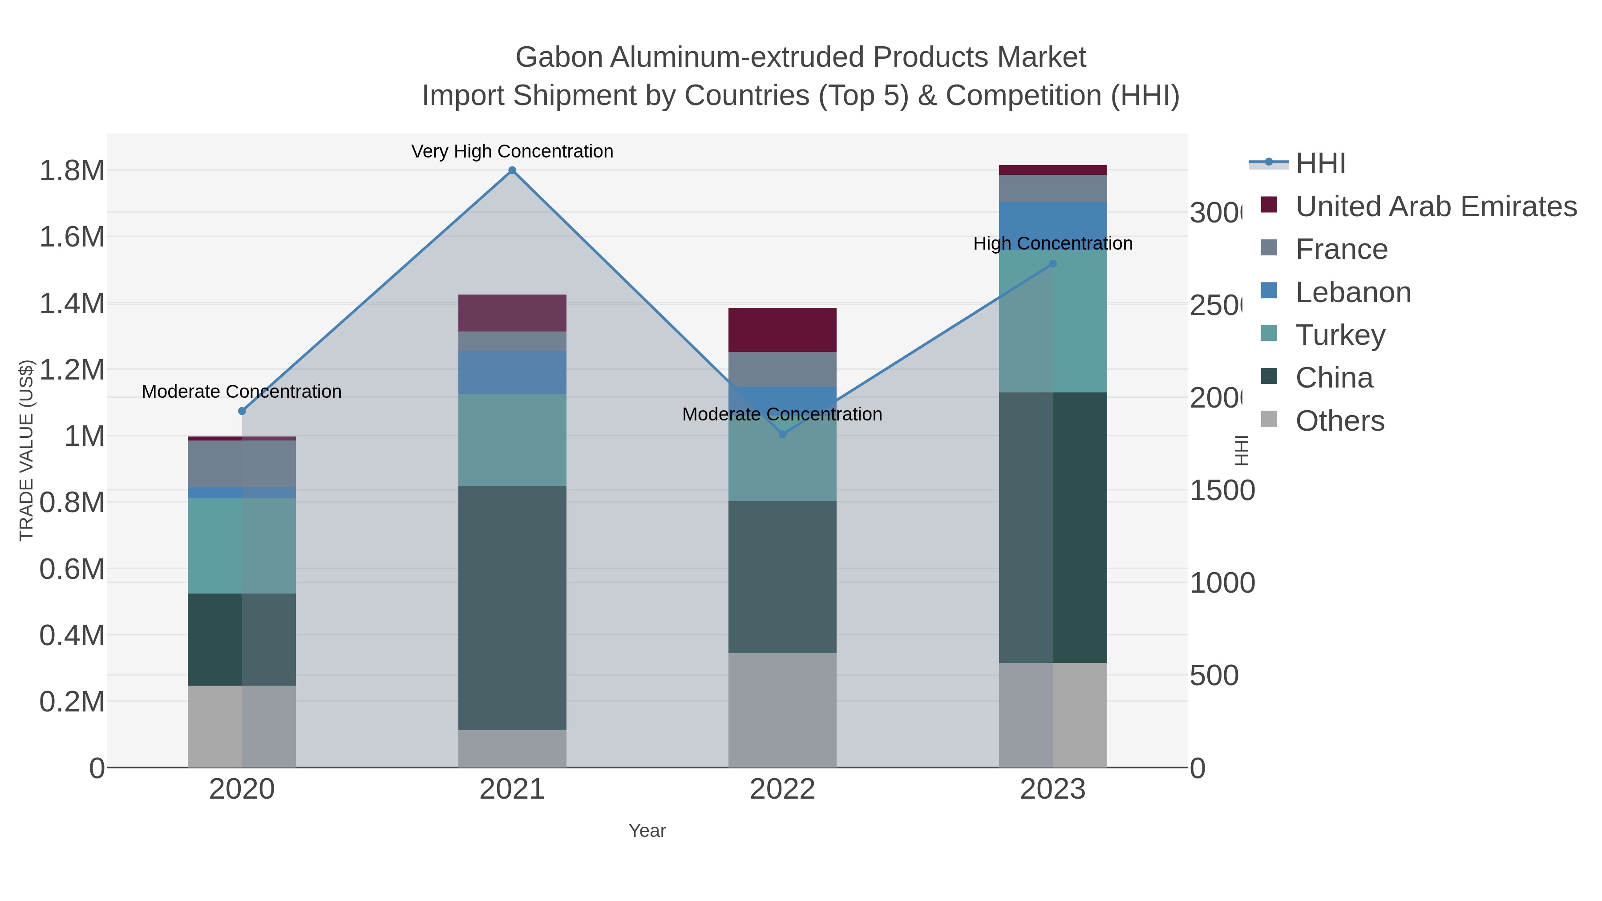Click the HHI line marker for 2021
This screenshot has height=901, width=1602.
[x=512, y=170]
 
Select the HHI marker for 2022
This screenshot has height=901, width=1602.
[x=782, y=434]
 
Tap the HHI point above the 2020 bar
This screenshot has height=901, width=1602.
[x=242, y=411]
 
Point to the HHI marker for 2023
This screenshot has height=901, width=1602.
[x=1052, y=264]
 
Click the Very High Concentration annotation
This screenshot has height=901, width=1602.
[x=512, y=151]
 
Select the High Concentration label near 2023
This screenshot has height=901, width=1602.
[x=1052, y=243]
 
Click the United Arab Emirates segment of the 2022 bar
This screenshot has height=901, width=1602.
[x=782, y=330]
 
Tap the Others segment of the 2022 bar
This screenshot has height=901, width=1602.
[x=782, y=710]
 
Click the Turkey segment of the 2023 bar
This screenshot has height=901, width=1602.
[x=1052, y=321]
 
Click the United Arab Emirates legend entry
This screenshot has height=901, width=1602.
[x=1435, y=206]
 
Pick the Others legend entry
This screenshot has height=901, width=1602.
[x=1339, y=421]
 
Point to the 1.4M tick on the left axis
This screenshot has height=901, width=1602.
[x=72, y=303]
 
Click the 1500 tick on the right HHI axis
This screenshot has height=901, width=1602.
[x=1222, y=491]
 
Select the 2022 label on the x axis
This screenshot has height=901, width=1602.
[x=782, y=789]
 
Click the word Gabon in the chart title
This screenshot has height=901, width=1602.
[x=558, y=57]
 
